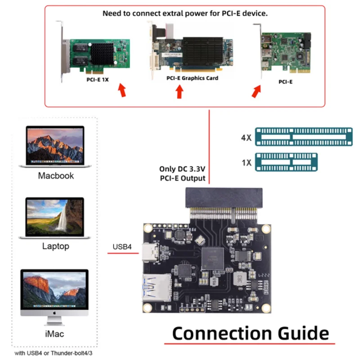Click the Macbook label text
pyautogui.click(x=56, y=175)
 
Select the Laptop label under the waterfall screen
pyautogui.click(x=56, y=246)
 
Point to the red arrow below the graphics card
pyautogui.click(x=180, y=92)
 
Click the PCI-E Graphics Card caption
pyautogui.click(x=192, y=78)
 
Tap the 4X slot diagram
pyautogui.click(x=303, y=137)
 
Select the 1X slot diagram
pyautogui.click(x=286, y=162)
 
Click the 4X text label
pyautogui.click(x=246, y=137)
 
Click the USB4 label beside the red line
pyautogui.click(x=122, y=247)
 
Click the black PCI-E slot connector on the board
pyautogui.click(x=219, y=198)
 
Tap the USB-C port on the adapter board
pyautogui.click(x=147, y=253)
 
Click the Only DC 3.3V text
pyautogui.click(x=182, y=169)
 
